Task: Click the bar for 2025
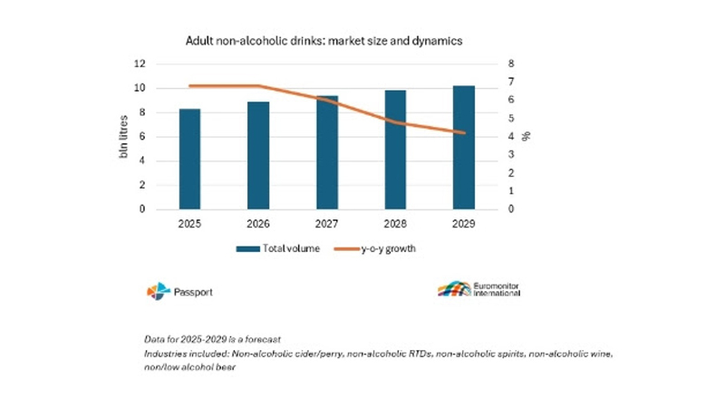[189, 159]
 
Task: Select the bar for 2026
[258, 155]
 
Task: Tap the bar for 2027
[327, 152]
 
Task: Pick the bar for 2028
[396, 150]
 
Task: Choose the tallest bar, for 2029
[464, 147]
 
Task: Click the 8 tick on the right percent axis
[510, 64]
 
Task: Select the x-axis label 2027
[327, 223]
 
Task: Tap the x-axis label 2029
[464, 223]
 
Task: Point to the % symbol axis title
[527, 137]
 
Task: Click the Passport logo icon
[158, 290]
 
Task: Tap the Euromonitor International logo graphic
[453, 290]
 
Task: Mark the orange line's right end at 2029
[464, 133]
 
